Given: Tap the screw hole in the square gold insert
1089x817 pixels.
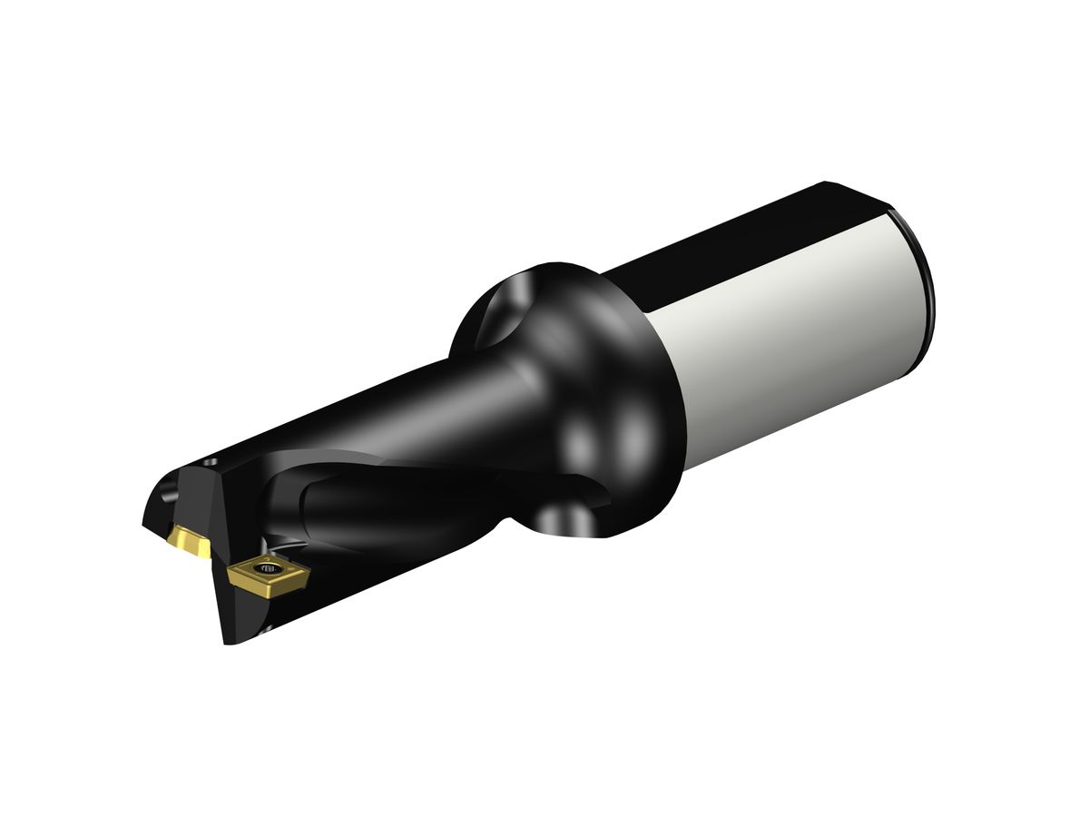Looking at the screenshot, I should pyautogui.click(x=270, y=570).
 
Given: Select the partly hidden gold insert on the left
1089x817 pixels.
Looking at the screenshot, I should pyautogui.click(x=189, y=543).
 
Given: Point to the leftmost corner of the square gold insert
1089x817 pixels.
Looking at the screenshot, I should pyautogui.click(x=228, y=569).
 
